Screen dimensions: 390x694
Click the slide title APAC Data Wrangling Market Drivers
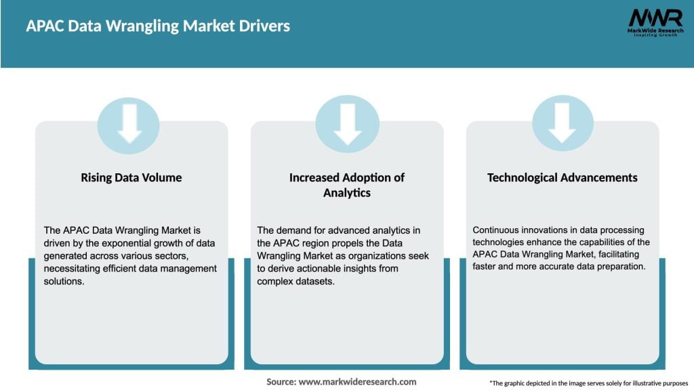pos(158,26)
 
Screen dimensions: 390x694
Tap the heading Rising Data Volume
pos(131,177)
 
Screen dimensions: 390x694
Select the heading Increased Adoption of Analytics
pos(347,184)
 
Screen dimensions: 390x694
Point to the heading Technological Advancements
pos(563,177)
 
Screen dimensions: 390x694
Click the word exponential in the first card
pos(114,243)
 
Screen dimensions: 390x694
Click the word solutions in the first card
pos(63,281)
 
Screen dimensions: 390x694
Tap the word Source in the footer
pos(280,382)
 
